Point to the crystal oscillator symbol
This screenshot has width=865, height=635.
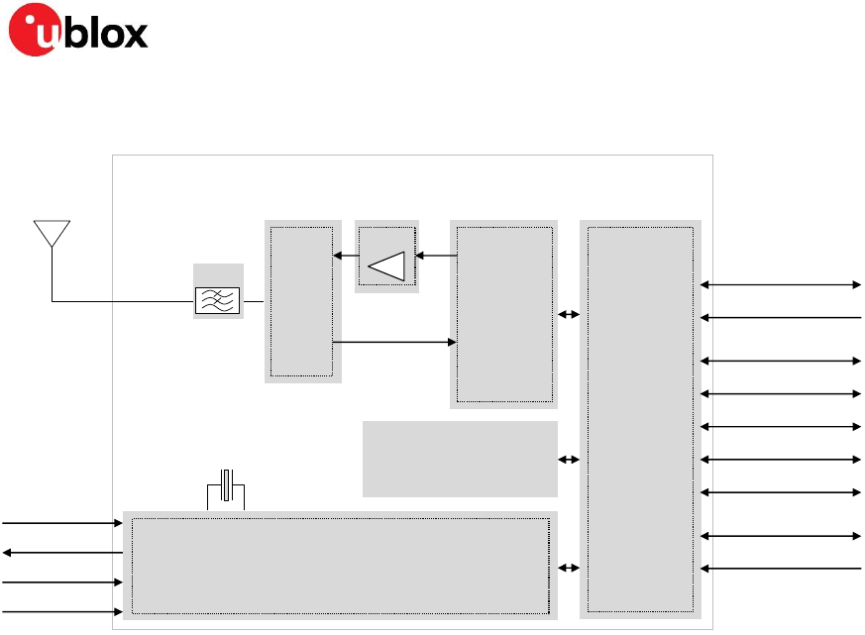pos(226,486)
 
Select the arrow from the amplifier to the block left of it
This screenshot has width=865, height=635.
pos(346,256)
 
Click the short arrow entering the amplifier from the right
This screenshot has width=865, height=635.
pos(436,256)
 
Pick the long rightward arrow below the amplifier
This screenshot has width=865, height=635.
pos(394,343)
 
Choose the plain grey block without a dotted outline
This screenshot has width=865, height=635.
pos(460,459)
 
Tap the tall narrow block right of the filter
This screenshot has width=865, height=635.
pos(302,301)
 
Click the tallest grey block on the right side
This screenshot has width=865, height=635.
pos(640,420)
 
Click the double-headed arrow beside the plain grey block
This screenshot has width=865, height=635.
pos(569,460)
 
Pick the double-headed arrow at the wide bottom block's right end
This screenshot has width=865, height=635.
pos(569,569)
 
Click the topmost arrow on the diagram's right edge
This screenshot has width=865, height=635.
pos(781,284)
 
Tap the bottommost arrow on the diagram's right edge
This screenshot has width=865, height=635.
pos(781,569)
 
